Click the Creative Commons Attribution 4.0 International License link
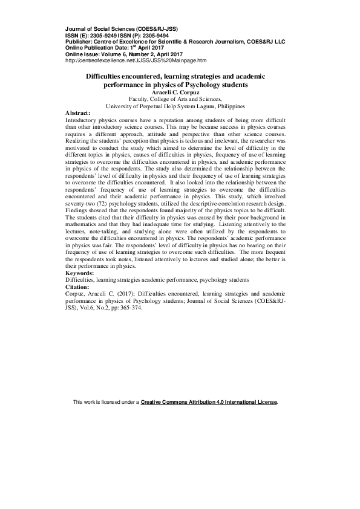click(x=208, y=402)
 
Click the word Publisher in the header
click(x=79, y=41)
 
